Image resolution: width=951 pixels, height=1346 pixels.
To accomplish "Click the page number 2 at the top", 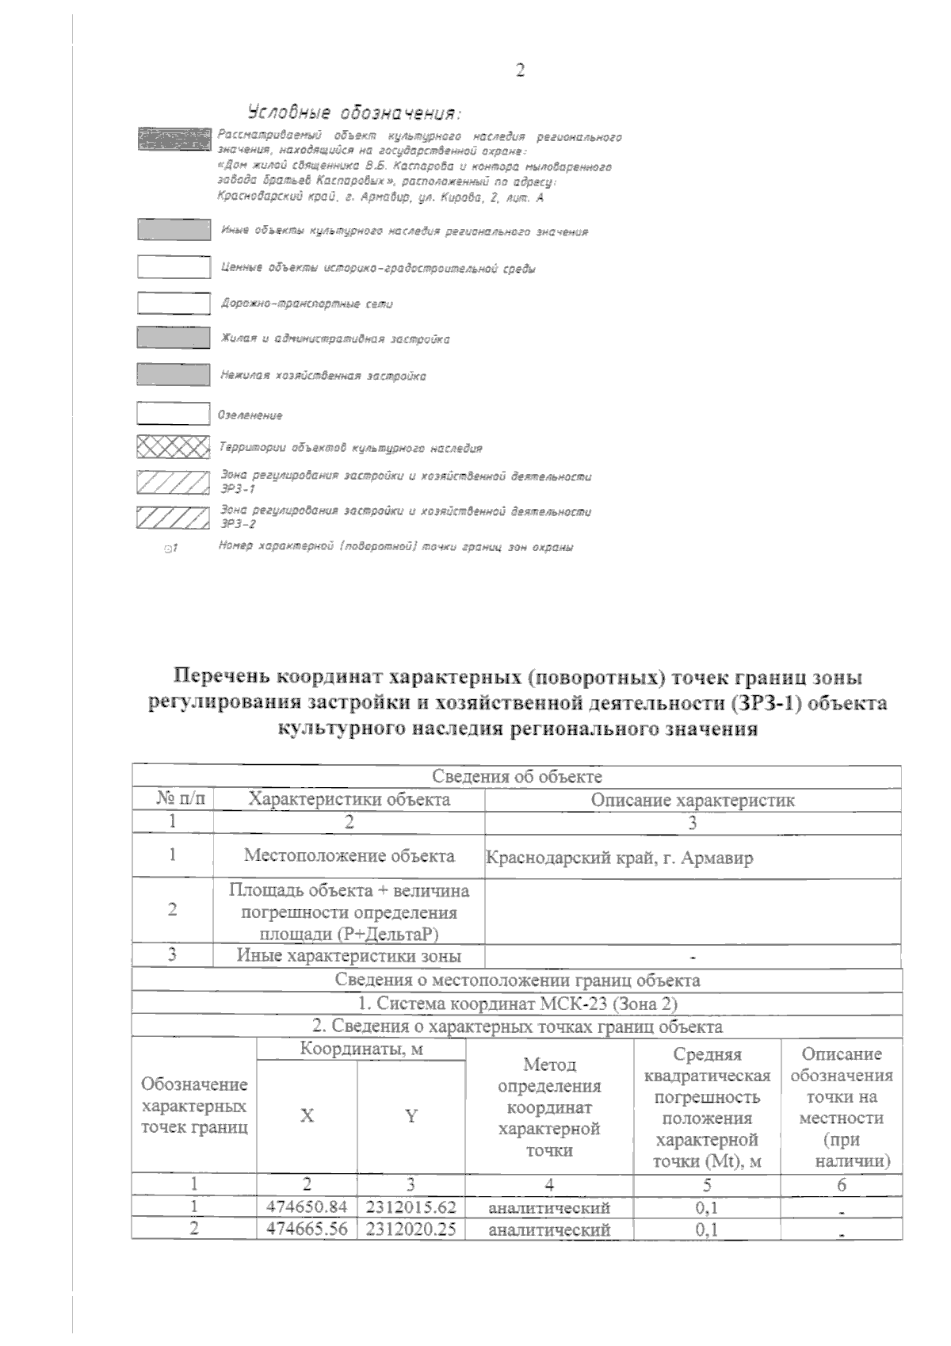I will pos(520,71).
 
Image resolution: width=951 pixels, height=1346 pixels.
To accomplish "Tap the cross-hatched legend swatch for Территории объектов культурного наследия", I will pos(174,447).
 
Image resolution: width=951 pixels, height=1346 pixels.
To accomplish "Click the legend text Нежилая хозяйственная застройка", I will pos(323,377).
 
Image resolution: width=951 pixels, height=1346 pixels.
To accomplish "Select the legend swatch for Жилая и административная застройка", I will pos(174,338).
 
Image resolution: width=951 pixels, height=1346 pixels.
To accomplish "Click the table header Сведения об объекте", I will pos(517,776).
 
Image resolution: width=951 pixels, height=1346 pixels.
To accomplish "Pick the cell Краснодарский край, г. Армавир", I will pos(619,858).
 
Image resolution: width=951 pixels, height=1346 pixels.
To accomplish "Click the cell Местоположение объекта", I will pos(349,856).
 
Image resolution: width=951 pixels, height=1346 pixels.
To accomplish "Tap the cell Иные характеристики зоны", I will pos(349,956).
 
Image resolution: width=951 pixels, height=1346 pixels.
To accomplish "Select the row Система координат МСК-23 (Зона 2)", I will pos(517,1004).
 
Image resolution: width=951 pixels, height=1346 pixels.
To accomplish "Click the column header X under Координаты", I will pos(307,1116).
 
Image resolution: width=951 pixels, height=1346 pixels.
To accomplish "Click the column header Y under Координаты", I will pos(411,1116).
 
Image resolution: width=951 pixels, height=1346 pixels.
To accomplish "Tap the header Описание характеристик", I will pos(693,800).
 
